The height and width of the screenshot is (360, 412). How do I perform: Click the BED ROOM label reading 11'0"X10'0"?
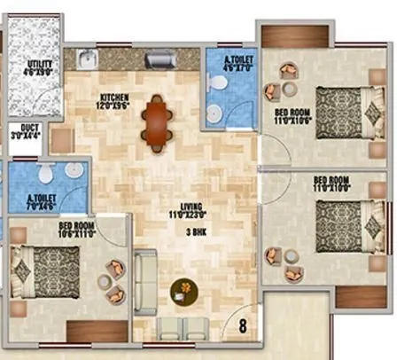(x=331, y=184)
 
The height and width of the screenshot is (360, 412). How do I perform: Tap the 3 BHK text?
(x=197, y=231)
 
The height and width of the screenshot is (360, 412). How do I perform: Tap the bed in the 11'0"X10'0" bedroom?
(x=347, y=229)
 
